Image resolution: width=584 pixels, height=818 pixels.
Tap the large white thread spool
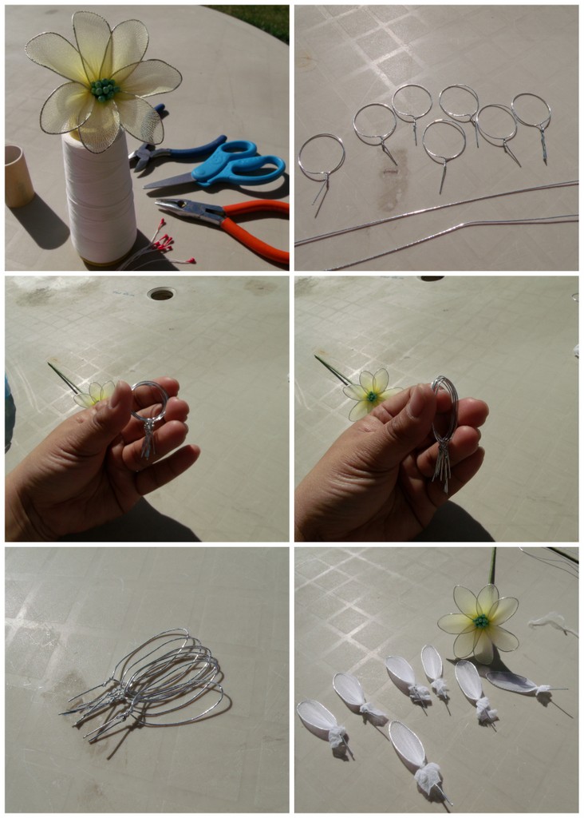(100, 200)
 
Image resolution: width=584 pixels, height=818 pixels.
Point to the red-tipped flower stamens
(164, 247)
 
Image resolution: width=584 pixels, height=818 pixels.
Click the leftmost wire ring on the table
(322, 157)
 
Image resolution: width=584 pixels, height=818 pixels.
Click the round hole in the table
(161, 294)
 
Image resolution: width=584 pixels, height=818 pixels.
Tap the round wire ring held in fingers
(150, 399)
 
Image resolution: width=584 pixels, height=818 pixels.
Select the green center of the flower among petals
(481, 621)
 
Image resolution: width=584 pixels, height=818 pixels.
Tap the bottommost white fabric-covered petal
(409, 747)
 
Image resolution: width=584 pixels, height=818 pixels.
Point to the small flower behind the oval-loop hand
(369, 393)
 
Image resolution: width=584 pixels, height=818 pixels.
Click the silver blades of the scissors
(169, 181)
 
